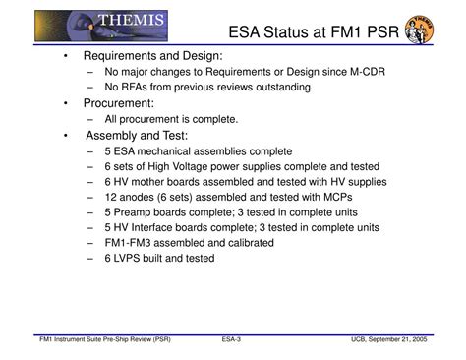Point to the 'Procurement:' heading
(117, 102)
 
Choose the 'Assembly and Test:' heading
(139, 135)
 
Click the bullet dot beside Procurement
(65, 102)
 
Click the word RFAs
(137, 87)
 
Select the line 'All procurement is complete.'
(172, 118)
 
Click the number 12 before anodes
(109, 197)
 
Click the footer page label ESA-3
(232, 340)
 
